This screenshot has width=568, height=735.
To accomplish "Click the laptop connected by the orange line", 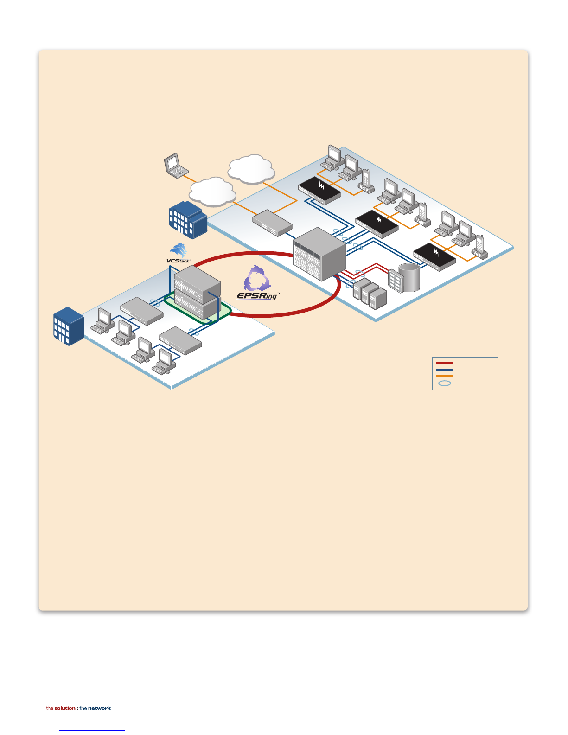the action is click(x=176, y=166).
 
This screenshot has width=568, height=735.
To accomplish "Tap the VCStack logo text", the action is click(x=179, y=261).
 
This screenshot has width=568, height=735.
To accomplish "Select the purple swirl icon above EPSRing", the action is click(x=257, y=278).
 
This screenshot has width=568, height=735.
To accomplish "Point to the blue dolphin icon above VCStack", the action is click(x=179, y=250).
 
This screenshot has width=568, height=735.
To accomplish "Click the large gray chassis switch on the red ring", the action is click(x=319, y=254).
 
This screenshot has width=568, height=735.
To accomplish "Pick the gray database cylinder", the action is click(x=409, y=277).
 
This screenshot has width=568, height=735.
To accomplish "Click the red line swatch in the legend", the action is click(x=444, y=363).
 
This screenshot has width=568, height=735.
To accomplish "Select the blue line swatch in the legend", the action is click(x=444, y=370).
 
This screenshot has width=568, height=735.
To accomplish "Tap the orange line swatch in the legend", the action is click(x=444, y=376).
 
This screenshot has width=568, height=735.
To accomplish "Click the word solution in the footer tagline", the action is click(x=65, y=708).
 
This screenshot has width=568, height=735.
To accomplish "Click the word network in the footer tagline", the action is click(x=99, y=708).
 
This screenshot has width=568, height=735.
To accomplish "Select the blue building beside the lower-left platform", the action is click(x=69, y=326).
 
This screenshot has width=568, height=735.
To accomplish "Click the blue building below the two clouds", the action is click(x=188, y=220).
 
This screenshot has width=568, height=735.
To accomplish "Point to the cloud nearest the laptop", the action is click(x=212, y=192).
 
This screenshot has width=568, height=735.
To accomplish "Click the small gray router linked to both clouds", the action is click(x=273, y=223).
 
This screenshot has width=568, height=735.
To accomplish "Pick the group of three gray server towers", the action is click(x=370, y=293).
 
